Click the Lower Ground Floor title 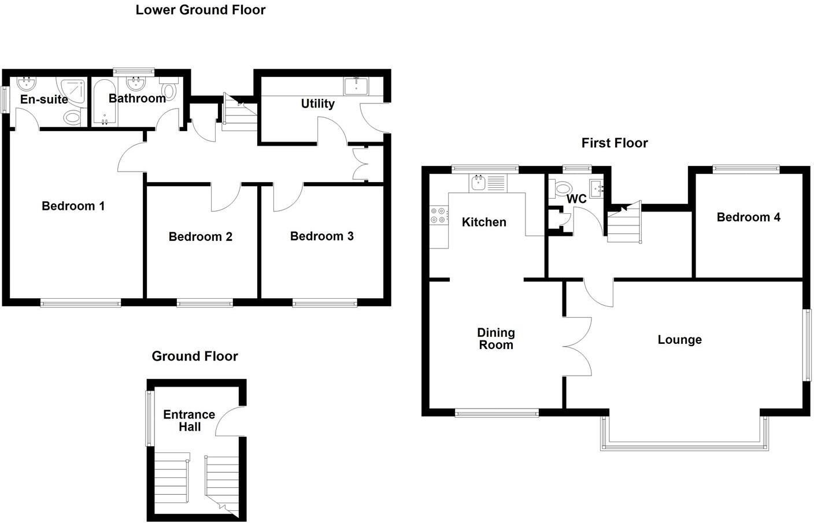pos(200,10)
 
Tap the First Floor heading pos(615,143)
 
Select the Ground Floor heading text pos(194,356)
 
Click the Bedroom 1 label pos(73,206)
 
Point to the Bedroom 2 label pos(200,236)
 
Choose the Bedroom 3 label pos(321,236)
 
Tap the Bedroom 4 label pos(748,217)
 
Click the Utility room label pos(317,103)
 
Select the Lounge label pos(679,340)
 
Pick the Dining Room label pos(495,339)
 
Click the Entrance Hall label pos(189,421)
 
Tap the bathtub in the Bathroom pos(105,103)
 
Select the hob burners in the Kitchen pos(438,216)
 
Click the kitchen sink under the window pos(478,183)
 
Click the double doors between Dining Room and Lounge pos(577,347)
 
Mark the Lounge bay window pos(684,446)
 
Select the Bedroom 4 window pos(746,169)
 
